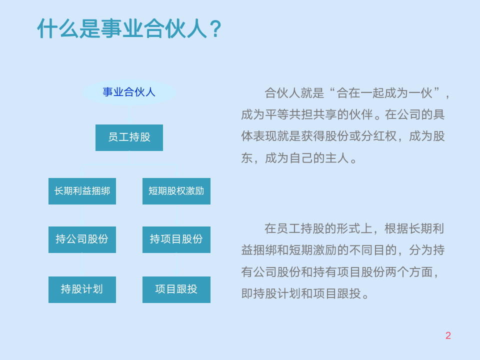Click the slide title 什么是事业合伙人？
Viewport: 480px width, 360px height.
point(129,28)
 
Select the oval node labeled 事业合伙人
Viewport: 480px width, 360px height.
point(129,92)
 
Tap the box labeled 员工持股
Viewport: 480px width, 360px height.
point(129,137)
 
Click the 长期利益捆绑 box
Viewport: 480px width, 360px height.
point(82,191)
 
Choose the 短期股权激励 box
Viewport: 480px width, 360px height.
point(176,191)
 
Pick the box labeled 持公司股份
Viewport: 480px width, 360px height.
point(82,239)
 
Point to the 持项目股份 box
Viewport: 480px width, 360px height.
point(176,239)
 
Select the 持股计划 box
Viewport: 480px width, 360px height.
point(82,289)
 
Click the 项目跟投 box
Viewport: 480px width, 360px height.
point(176,289)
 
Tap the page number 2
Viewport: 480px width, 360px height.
point(448,336)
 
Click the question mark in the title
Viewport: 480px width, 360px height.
point(214,29)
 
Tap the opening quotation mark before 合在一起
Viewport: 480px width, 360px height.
point(332,92)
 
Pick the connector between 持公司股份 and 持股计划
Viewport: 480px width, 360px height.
point(82,264)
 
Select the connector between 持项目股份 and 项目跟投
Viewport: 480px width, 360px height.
point(176,264)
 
